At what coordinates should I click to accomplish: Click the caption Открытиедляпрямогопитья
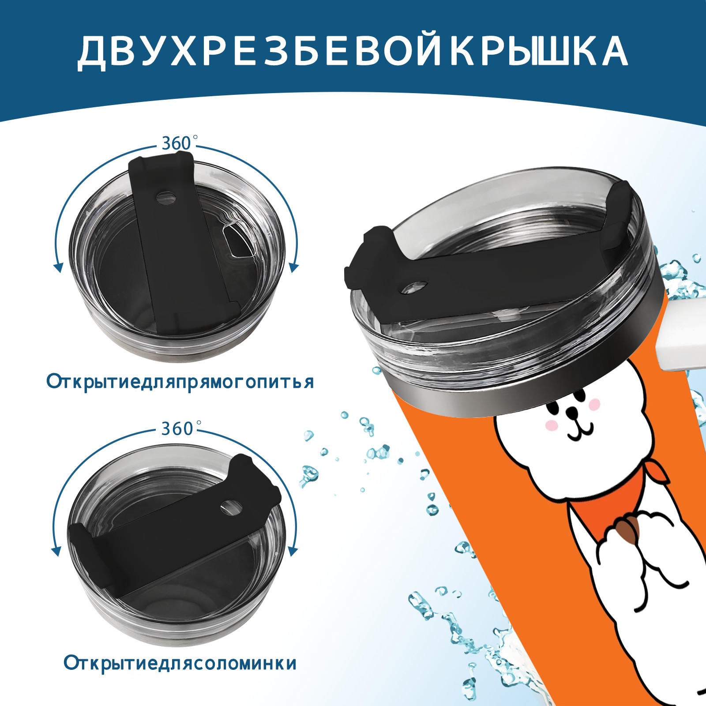click(180, 381)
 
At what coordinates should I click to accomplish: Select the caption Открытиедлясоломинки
click(180, 675)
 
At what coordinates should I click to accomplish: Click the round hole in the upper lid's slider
click(166, 197)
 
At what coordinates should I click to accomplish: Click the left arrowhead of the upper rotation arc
click(57, 267)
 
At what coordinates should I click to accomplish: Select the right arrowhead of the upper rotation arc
click(294, 267)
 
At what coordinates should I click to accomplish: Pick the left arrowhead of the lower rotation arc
click(56, 552)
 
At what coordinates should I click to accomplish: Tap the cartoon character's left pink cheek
click(550, 425)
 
